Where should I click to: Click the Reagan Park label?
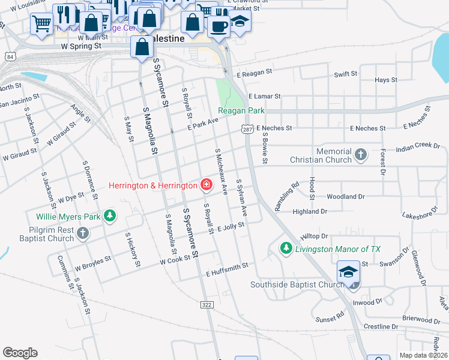(x=241, y=111)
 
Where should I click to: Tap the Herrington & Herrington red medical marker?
(x=206, y=185)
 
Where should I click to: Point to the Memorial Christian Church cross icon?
(x=360, y=155)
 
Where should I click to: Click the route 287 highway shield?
(x=247, y=129)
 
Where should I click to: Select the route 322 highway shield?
(x=207, y=305)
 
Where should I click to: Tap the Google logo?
(x=20, y=353)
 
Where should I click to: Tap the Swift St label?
(x=345, y=74)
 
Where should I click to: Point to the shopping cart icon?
(x=41, y=25)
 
